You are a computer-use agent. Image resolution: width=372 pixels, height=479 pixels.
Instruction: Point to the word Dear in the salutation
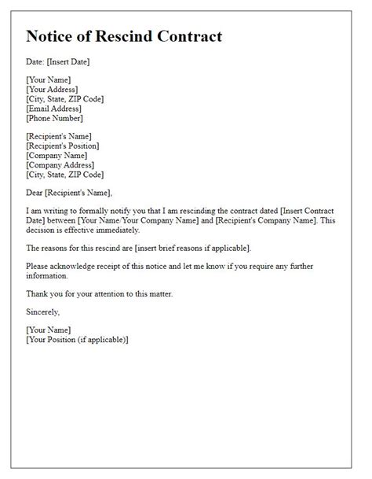(35, 193)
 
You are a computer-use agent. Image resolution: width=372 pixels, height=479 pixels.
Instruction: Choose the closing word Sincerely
(44, 312)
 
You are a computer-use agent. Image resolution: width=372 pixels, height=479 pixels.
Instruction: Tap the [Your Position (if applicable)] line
(77, 340)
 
